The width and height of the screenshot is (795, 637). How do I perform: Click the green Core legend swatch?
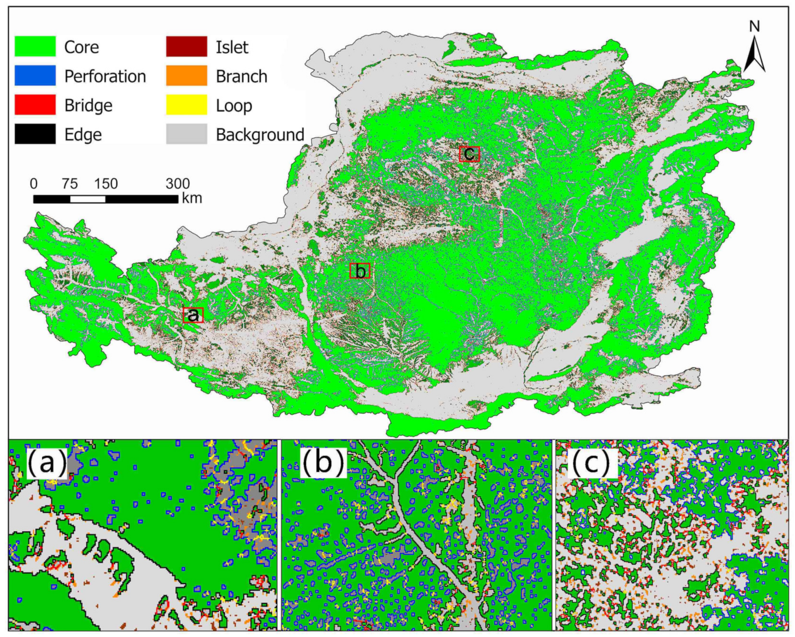point(35,47)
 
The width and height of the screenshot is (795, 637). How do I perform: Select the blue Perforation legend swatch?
point(35,76)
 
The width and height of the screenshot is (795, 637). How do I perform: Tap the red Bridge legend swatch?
point(35,105)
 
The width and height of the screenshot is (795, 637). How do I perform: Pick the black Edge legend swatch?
point(35,134)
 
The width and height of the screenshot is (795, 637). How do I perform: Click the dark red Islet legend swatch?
point(186,47)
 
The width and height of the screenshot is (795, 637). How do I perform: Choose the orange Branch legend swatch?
point(186,76)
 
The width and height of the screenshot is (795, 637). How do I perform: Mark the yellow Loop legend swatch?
point(186,105)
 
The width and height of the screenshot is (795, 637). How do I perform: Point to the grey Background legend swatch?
point(186,134)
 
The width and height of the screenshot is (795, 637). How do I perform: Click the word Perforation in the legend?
point(105,76)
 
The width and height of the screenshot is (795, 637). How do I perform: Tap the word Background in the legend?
point(260,135)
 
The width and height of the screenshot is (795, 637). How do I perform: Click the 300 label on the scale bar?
point(178,183)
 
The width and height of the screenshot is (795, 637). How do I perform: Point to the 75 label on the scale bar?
point(70,183)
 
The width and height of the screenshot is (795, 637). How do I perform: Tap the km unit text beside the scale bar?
point(192,199)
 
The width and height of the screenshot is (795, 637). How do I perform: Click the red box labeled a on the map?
point(193,315)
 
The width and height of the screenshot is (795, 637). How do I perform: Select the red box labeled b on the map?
point(359,271)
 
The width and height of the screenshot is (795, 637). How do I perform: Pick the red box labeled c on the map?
point(469,154)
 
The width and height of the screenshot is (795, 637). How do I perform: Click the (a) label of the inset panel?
point(47,463)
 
